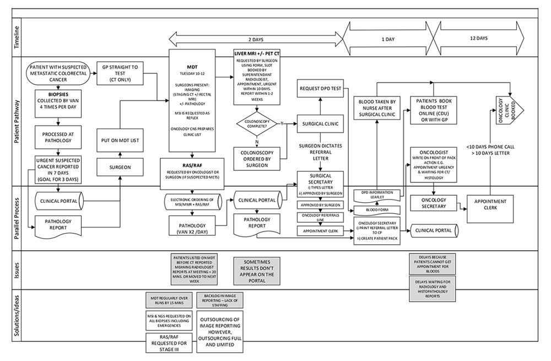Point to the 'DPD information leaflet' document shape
coord(376,195)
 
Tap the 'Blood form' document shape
coord(376,209)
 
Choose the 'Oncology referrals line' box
coord(320,218)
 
